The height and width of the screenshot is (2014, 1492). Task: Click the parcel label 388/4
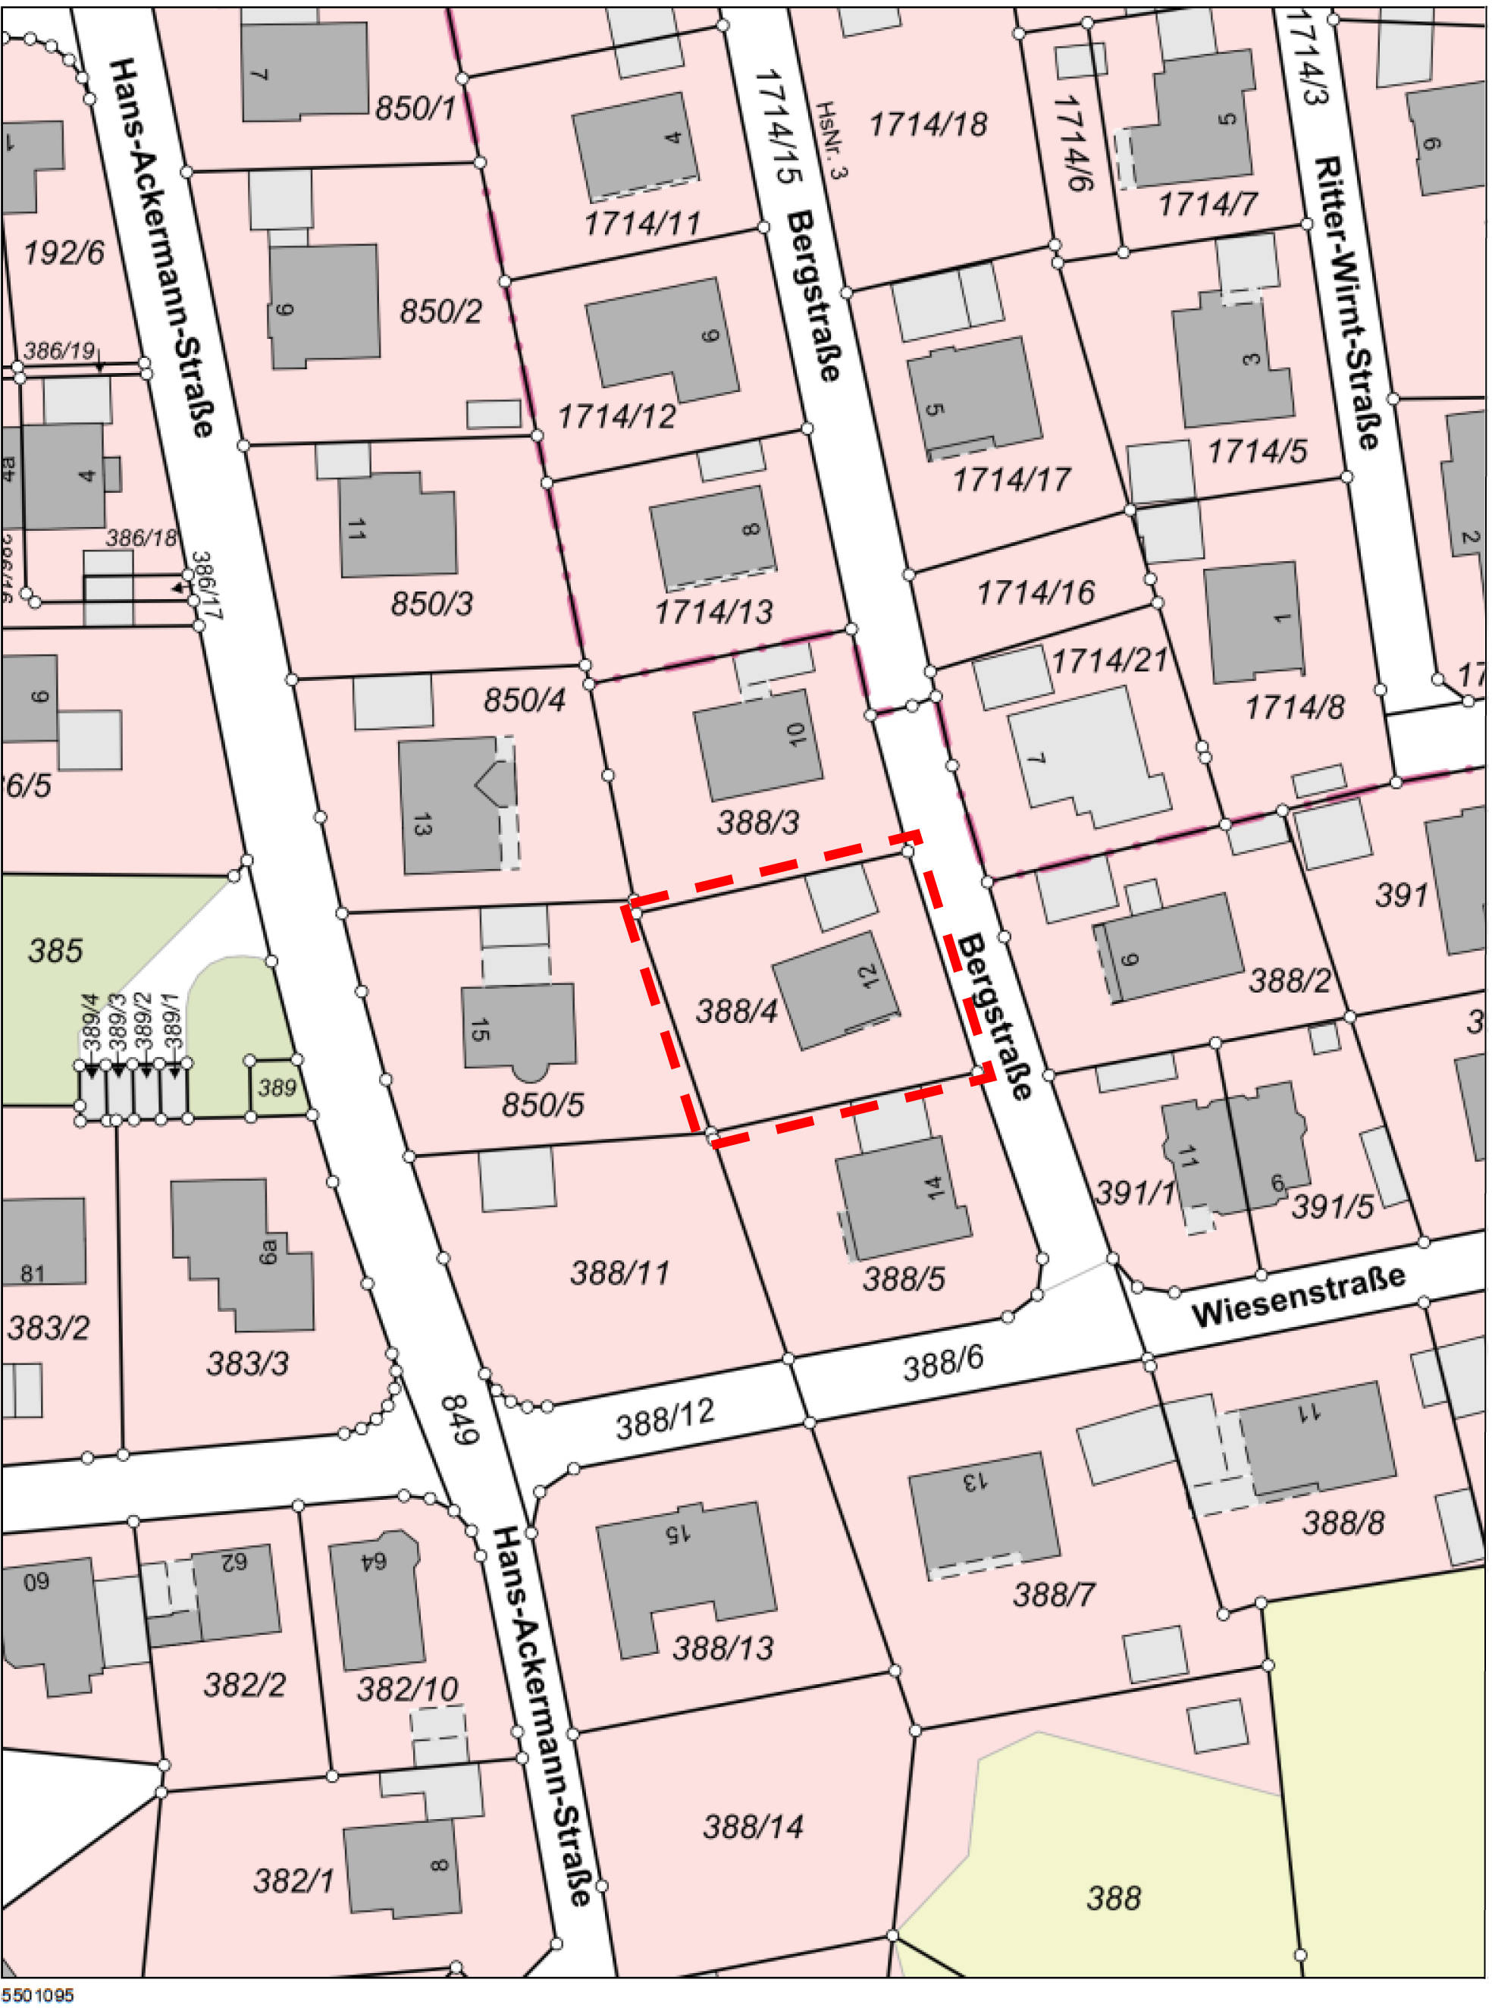point(736,1012)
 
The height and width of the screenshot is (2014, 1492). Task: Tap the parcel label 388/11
point(620,1272)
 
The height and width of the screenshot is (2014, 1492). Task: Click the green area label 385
point(55,950)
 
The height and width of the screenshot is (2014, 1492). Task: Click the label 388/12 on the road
point(665,1419)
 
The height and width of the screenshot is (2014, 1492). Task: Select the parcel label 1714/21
point(1109,660)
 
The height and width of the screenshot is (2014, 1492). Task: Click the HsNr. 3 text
point(832,140)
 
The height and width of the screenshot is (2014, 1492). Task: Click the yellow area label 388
point(1113,1897)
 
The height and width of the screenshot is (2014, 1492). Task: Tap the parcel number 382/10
point(407,1689)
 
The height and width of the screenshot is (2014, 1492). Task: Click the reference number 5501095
point(38,1995)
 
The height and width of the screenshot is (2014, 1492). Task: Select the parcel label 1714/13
point(713,613)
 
